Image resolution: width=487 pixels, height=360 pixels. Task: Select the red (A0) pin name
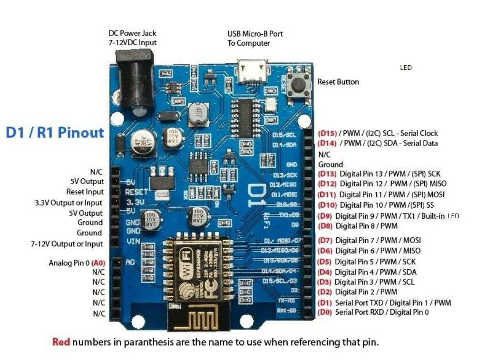[98, 263]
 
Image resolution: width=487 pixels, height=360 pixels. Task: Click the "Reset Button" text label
[338, 82]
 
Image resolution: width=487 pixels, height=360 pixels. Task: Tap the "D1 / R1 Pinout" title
[55, 132]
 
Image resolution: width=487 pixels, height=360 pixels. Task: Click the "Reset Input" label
[85, 192]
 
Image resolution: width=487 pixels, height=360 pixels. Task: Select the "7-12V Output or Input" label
[67, 244]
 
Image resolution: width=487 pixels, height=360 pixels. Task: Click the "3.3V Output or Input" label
[69, 203]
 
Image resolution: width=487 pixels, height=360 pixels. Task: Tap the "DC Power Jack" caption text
[132, 33]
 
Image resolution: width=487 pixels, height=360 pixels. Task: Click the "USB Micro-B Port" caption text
[255, 34]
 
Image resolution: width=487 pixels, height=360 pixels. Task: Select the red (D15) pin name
[327, 133]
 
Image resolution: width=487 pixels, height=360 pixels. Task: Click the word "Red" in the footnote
[61, 342]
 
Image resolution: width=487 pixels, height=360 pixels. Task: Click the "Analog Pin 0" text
[69, 263]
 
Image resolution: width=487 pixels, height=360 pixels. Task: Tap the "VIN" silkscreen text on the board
[133, 241]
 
